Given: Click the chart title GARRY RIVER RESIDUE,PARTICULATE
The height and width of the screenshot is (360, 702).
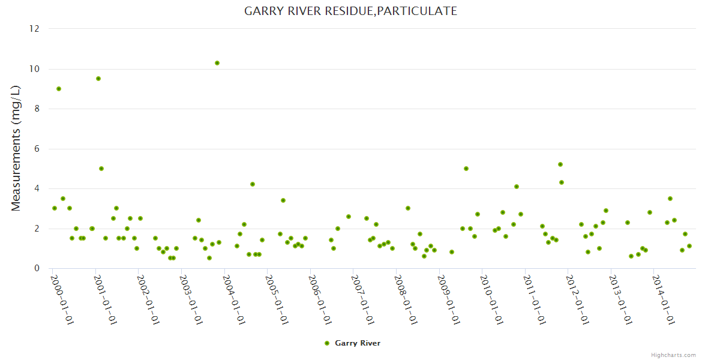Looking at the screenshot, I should pos(350,11).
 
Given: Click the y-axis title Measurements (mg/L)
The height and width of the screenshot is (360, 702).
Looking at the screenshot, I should pos(16,148).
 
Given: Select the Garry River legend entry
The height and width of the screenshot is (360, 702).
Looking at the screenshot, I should pos(352,343).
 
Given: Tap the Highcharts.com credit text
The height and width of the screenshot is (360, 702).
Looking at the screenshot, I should pos(673,355).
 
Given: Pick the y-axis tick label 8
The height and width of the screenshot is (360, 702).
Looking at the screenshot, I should pos(37,109).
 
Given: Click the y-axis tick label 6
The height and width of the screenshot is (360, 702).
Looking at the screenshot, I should pos(37,149).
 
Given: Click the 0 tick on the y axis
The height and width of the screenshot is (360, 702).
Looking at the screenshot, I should pos(37,268).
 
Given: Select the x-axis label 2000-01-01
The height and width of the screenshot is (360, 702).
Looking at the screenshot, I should pos(61,300).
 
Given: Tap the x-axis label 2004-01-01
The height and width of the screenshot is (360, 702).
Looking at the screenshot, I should pos(233,300).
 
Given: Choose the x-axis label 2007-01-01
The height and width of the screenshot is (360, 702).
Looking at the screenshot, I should pos(362,300).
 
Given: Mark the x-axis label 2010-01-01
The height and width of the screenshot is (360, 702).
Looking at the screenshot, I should pos(491,300).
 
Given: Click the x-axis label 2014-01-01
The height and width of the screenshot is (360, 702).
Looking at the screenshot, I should pos(663,300).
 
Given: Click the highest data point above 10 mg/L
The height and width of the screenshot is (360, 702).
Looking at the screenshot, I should pos(217,63).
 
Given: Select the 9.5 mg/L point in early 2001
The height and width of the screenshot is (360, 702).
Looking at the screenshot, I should pos(98,79).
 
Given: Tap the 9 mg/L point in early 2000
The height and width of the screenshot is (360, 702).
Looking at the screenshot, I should pos(59,89).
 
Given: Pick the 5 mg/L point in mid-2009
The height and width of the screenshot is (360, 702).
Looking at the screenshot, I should pos(466,169).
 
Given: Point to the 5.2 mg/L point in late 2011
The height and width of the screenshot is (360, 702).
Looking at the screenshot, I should pos(560,164).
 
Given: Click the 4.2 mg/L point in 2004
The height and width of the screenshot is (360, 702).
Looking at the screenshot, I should pos(253,184).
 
